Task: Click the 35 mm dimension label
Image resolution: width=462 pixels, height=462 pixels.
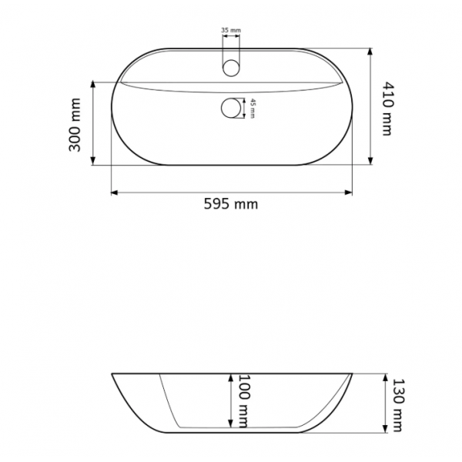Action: pyautogui.click(x=231, y=30)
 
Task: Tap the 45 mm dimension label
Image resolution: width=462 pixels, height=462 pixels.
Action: pyautogui.click(x=253, y=109)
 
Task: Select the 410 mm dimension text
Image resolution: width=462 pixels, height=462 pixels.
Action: pyautogui.click(x=388, y=109)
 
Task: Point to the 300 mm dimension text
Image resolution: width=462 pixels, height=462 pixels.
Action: pyautogui.click(x=75, y=125)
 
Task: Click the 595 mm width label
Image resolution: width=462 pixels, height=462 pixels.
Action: pyautogui.click(x=231, y=204)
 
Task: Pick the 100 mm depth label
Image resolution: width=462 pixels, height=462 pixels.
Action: pyautogui.click(x=243, y=401)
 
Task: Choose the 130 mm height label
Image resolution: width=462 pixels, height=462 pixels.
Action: pyautogui.click(x=398, y=405)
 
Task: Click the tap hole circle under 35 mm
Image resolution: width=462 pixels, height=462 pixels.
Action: pyautogui.click(x=231, y=68)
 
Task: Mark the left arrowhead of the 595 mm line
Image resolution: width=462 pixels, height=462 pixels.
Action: pyautogui.click(x=114, y=192)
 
